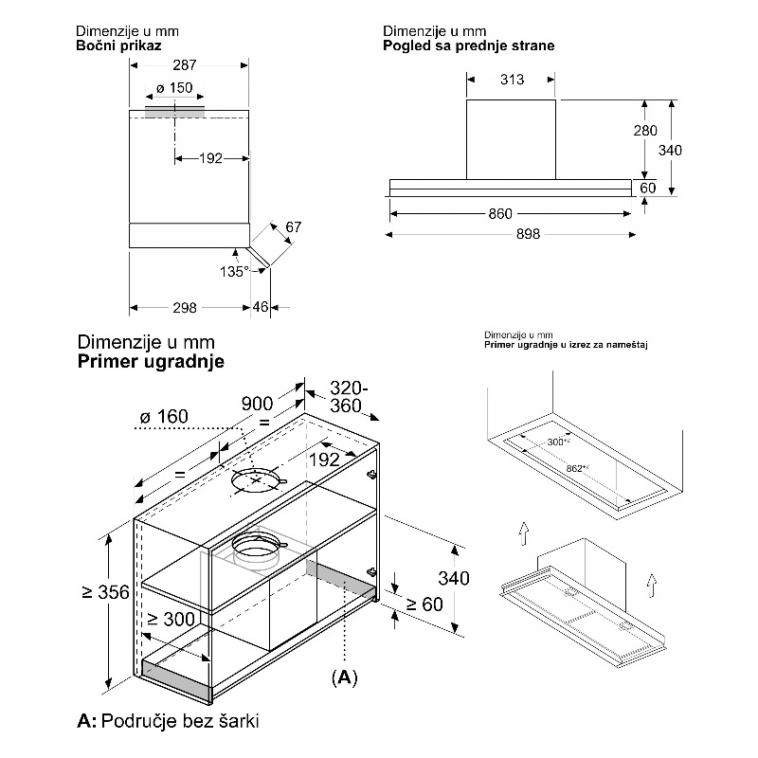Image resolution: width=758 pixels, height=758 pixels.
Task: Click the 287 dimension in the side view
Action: [187, 65]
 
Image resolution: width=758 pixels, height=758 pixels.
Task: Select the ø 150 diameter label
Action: [173, 88]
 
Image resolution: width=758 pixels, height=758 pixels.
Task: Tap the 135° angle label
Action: [233, 272]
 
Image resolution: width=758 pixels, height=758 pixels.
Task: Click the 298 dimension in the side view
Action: [186, 307]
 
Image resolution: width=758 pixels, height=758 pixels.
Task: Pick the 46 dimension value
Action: [262, 307]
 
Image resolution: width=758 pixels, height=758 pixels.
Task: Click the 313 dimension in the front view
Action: [512, 80]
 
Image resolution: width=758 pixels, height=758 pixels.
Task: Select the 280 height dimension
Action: [645, 131]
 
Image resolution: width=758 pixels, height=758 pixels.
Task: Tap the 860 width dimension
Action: [500, 213]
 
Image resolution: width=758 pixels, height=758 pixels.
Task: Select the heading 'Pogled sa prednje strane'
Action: [469, 45]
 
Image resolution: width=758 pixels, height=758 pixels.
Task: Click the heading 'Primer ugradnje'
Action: [151, 362]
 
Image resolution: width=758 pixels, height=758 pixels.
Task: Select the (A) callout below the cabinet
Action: [344, 679]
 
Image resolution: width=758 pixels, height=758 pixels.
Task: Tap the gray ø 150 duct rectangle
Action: [175, 112]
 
